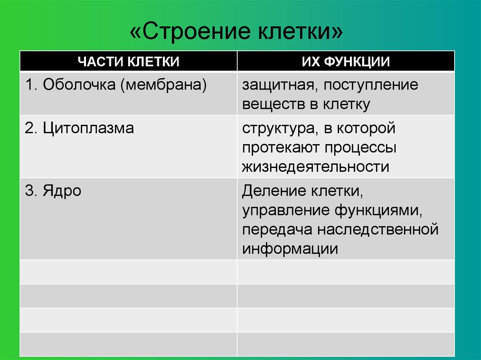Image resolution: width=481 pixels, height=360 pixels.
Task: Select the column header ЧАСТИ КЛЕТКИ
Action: (129, 61)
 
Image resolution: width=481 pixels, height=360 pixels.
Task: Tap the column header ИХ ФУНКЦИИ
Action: (346, 61)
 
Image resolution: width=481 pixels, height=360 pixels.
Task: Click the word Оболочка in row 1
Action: (79, 84)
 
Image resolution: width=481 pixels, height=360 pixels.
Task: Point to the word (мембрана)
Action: (163, 85)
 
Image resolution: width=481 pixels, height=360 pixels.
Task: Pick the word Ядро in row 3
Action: (62, 191)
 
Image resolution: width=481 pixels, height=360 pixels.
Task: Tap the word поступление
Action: (371, 85)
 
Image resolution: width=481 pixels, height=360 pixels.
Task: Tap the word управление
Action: (285, 211)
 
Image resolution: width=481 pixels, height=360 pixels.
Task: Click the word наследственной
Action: (378, 230)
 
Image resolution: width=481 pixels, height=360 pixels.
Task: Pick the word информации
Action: (290, 249)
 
